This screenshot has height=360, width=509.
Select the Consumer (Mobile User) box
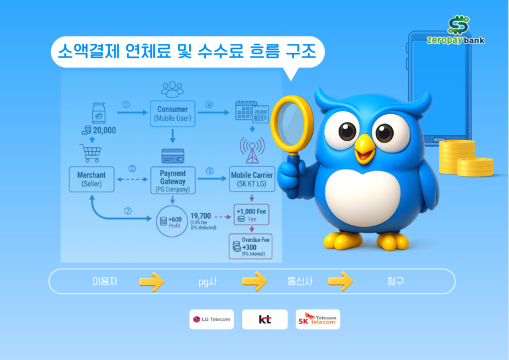[x=172, y=113]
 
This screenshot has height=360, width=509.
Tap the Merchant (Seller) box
[x=91, y=179]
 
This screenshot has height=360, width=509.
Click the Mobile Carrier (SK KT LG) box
[x=251, y=179]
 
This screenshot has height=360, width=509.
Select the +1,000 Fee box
[x=250, y=214]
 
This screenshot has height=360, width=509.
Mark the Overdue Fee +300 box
[x=249, y=247]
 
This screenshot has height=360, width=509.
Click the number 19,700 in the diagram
[x=201, y=215]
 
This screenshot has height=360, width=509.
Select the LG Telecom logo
[x=211, y=320]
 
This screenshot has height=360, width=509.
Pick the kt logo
[x=265, y=320]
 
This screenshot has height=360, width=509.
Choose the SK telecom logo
[x=318, y=320]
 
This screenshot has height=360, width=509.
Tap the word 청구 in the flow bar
[x=396, y=281]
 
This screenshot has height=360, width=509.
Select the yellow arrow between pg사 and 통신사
[x=254, y=282]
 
